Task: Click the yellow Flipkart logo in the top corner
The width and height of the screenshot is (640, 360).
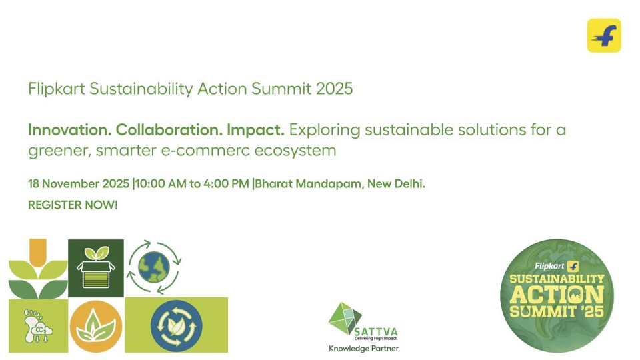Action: click(604, 35)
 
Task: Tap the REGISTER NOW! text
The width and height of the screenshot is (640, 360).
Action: click(73, 205)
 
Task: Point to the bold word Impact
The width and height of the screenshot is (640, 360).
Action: click(255, 131)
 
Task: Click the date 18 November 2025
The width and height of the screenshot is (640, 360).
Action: click(79, 184)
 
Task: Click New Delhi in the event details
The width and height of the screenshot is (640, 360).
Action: click(396, 184)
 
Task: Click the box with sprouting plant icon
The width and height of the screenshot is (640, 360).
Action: click(96, 268)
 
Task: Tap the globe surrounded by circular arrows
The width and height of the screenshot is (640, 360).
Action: click(154, 267)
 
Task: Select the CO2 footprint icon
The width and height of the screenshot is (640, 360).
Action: click(38, 325)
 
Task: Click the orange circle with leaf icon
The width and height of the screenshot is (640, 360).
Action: click(96, 327)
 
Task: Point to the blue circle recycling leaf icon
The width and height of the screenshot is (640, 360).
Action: click(176, 326)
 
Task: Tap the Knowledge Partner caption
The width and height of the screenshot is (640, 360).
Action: click(364, 349)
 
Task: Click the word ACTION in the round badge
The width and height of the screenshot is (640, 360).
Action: click(557, 295)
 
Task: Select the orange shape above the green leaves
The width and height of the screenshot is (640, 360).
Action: click(38, 253)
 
